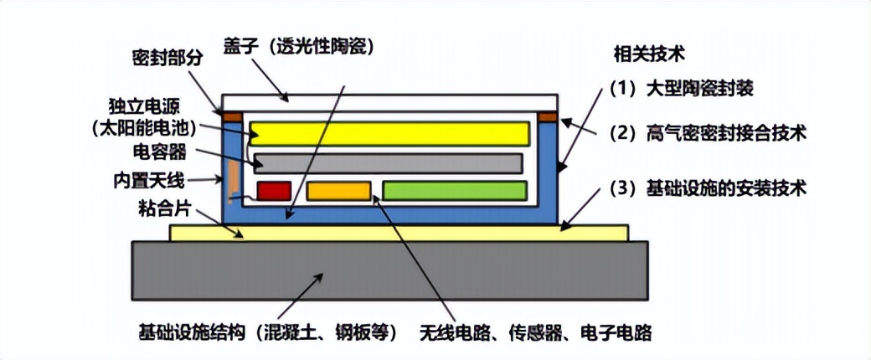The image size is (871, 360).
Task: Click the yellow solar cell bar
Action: pyautogui.click(x=389, y=133)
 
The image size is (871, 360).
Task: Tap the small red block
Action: pyautogui.click(x=274, y=191)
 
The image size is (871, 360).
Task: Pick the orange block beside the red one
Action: pyautogui.click(x=338, y=191)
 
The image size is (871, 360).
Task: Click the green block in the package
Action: pyautogui.click(x=454, y=191)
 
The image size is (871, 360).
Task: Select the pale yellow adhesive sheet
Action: pyautogui.click(x=399, y=232)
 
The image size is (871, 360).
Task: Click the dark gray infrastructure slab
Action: pyautogui.click(x=389, y=270)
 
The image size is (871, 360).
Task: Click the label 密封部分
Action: pyautogui.click(x=166, y=59)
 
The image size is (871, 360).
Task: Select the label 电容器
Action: pyautogui.click(x=160, y=153)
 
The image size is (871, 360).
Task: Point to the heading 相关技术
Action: pyautogui.click(x=650, y=56)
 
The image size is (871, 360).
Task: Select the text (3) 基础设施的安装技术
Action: pyautogui.click(x=708, y=188)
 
